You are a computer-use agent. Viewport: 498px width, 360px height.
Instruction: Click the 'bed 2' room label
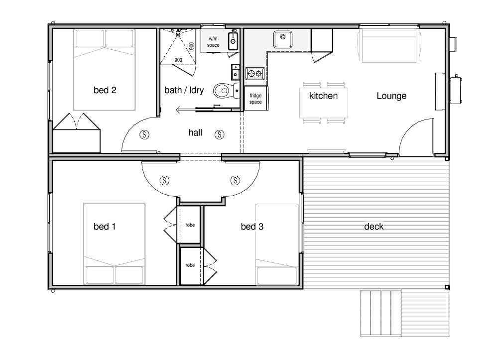(x=105, y=90)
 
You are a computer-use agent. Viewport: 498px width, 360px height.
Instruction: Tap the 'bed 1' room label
(x=105, y=227)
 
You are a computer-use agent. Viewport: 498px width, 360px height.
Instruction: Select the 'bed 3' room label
(x=252, y=227)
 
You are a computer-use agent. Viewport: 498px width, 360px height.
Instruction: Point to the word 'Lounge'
(x=391, y=96)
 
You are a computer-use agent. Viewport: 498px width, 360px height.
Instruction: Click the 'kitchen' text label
(x=323, y=96)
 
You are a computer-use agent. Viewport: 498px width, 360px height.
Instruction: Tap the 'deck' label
(x=374, y=227)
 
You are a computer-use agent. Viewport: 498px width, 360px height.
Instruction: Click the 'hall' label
(x=195, y=132)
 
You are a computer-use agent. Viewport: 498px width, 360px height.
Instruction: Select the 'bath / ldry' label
(x=184, y=90)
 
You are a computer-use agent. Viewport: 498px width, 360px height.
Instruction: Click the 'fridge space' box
(x=256, y=98)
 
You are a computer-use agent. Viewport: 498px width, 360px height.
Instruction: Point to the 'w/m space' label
(x=213, y=42)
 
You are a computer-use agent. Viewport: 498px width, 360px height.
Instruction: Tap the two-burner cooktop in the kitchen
(x=255, y=74)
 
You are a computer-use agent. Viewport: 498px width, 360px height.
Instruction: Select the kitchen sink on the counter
(x=283, y=39)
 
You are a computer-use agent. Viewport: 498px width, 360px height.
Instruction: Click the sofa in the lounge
(x=389, y=45)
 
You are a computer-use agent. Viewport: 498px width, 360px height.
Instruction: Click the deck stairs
(x=381, y=313)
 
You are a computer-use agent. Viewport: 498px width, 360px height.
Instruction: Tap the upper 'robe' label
(x=190, y=225)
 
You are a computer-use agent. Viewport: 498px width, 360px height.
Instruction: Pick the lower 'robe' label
(x=190, y=265)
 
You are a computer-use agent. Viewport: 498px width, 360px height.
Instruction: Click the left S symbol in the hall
(x=144, y=134)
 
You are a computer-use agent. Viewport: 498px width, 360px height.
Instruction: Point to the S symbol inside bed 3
(x=235, y=180)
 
